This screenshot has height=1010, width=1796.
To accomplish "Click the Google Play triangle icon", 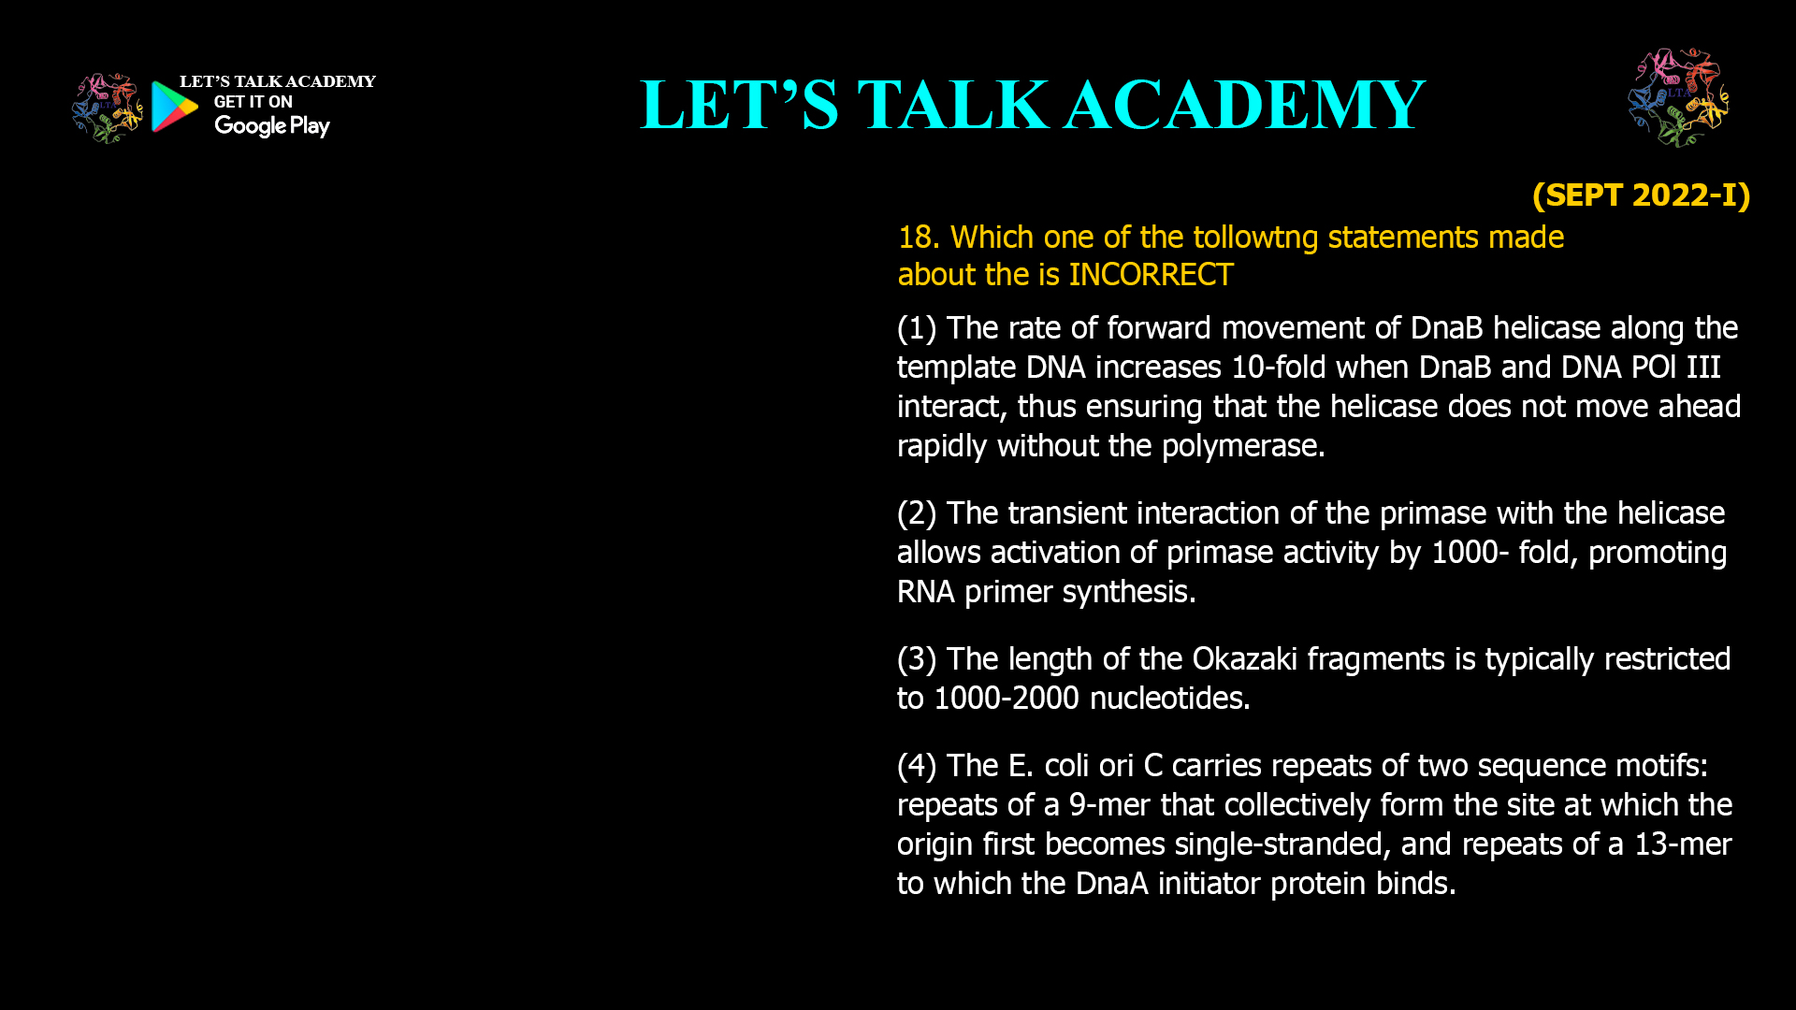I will (174, 107).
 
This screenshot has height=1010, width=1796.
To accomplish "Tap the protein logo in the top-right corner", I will (1678, 98).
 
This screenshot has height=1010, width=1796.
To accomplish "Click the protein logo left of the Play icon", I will (108, 108).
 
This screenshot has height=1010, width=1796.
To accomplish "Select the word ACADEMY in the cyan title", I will (1244, 105).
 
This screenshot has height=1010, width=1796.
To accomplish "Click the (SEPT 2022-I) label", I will (1641, 195).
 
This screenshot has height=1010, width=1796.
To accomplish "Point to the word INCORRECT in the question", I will (1151, 275).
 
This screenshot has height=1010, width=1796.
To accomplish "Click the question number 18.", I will (918, 238).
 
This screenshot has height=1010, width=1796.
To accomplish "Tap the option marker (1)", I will (917, 328).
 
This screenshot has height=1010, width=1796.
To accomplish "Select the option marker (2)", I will (917, 513).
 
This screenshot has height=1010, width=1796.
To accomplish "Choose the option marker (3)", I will (917, 659).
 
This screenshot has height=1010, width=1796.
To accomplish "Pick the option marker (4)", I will (917, 766).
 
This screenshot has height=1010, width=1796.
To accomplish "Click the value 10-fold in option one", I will (1273, 368).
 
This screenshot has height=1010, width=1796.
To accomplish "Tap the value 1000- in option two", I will (1470, 553).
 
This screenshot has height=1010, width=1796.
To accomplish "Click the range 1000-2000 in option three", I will (1007, 699).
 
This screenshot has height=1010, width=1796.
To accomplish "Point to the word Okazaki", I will (1244, 659).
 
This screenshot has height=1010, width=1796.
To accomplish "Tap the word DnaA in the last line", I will (1111, 884).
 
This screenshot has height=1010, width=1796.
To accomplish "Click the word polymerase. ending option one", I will (1243, 446).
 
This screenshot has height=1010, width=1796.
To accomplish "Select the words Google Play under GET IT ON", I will (272, 126).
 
